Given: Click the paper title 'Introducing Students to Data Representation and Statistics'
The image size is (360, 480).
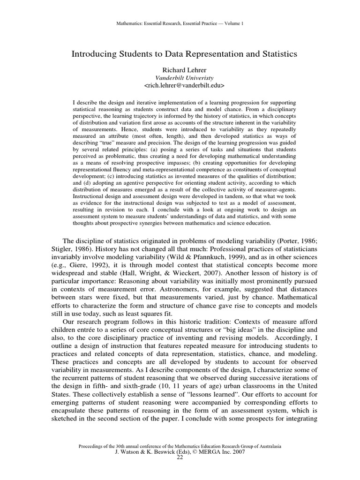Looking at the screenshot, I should (x=184, y=54).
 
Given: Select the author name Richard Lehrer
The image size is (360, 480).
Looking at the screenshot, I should (x=184, y=69).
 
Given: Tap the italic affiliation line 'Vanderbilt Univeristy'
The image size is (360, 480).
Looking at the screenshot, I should (x=184, y=77).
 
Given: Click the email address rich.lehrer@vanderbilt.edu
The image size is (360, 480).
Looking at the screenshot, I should (x=184, y=86).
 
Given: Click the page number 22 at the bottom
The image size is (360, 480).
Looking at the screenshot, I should (x=180, y=457).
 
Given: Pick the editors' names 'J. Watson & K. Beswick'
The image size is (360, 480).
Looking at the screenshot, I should (x=145, y=452).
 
